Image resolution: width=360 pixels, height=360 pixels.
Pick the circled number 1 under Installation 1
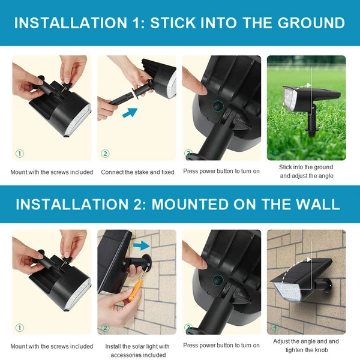(x=19, y=154)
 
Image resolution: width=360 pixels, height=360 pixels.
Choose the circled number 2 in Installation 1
(x=105, y=154)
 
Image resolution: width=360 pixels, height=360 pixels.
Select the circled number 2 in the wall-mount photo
(x=105, y=328)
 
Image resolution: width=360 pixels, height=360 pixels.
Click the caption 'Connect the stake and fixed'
(x=137, y=172)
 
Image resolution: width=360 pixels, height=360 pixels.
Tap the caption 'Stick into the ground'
(x=307, y=167)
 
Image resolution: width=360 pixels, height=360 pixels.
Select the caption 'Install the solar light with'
(x=137, y=346)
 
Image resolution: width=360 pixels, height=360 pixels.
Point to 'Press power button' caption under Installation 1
(x=221, y=172)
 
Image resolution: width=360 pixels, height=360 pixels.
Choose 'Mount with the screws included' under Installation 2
(x=52, y=346)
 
